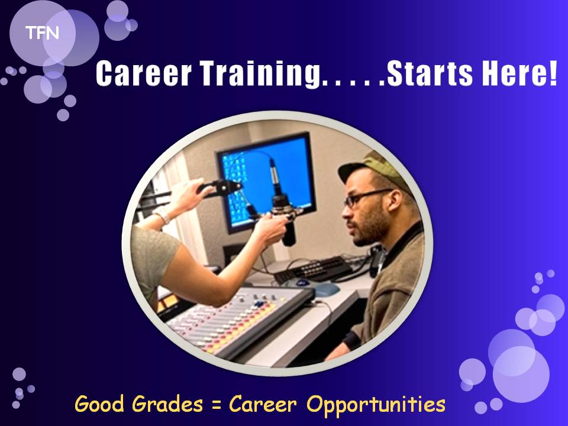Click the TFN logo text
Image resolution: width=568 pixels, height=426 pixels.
click(x=42, y=33)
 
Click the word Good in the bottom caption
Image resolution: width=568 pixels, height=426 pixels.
click(x=99, y=404)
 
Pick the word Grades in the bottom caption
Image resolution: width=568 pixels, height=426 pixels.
click(x=167, y=404)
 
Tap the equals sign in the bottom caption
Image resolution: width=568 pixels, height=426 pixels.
click(x=217, y=405)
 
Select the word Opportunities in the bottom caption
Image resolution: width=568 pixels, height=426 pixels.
click(x=376, y=405)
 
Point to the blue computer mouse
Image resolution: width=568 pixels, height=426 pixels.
click(x=326, y=289)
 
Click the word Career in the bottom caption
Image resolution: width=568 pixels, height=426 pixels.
click(x=263, y=404)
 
